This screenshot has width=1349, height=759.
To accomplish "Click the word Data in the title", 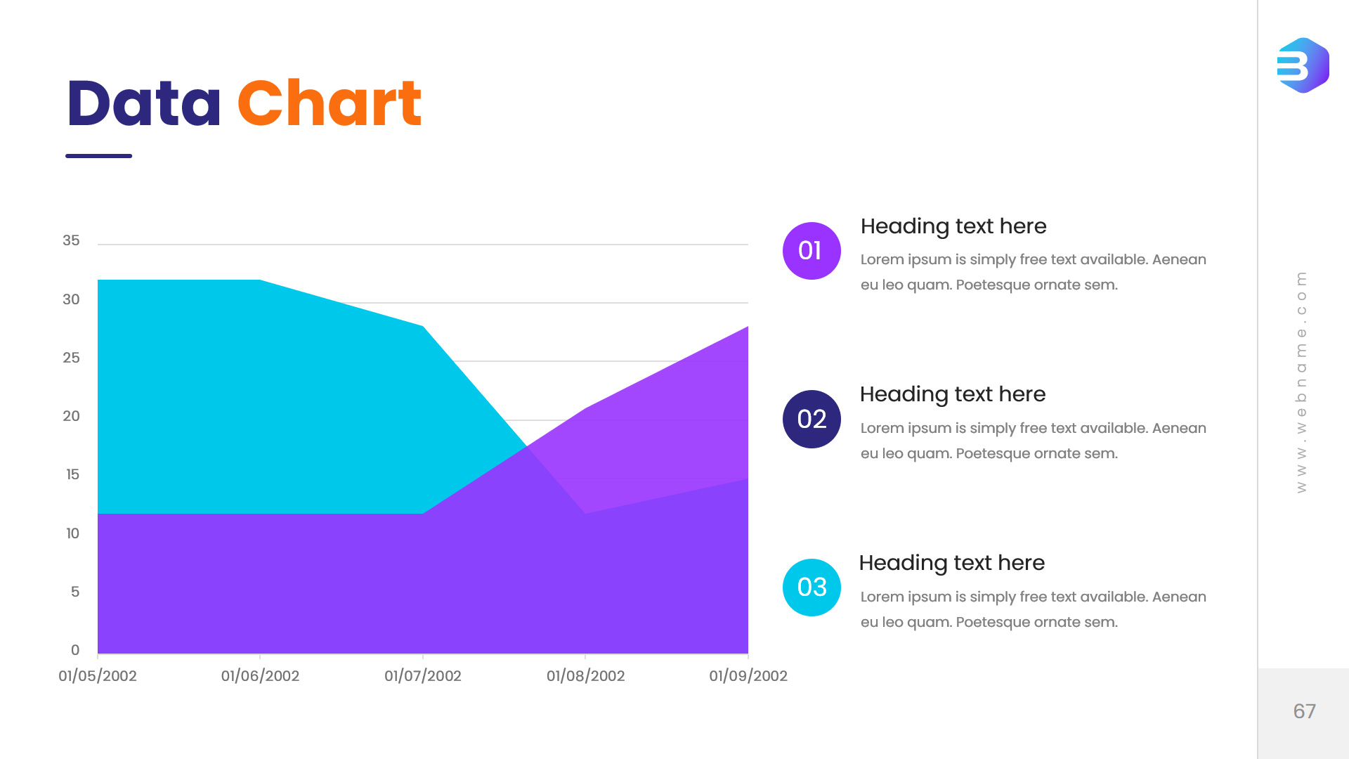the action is (x=144, y=103).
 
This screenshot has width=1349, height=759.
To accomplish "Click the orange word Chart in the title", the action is (x=330, y=103).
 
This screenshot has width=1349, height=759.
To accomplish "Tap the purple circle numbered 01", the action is (x=812, y=251).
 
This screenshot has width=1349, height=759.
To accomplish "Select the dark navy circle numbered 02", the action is (x=812, y=419).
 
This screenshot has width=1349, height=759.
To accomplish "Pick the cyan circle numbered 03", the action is (x=812, y=588).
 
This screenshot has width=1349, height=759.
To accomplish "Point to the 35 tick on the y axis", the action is (x=71, y=240).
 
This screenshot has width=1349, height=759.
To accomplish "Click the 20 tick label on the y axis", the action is (x=71, y=416).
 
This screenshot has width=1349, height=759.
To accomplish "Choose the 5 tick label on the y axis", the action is (x=75, y=592).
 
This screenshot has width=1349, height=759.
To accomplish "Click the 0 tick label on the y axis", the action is (x=75, y=650).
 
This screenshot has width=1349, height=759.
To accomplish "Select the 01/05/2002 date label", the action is (x=98, y=676).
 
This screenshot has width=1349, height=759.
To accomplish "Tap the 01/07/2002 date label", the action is (x=423, y=676).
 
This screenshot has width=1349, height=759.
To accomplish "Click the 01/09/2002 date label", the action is (x=748, y=676).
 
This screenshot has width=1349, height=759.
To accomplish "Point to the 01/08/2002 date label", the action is (x=586, y=676).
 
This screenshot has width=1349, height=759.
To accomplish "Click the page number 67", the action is (x=1304, y=711).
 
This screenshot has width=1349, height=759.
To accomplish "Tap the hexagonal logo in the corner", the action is (x=1303, y=65).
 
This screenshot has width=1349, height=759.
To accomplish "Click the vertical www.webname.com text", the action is (x=1301, y=382).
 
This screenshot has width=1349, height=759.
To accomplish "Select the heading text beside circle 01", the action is (x=953, y=226).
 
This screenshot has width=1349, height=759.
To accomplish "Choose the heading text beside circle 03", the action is (x=952, y=563).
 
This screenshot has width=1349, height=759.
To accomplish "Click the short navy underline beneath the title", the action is (x=98, y=156).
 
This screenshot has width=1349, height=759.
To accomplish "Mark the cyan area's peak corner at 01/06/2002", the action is (x=260, y=280).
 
